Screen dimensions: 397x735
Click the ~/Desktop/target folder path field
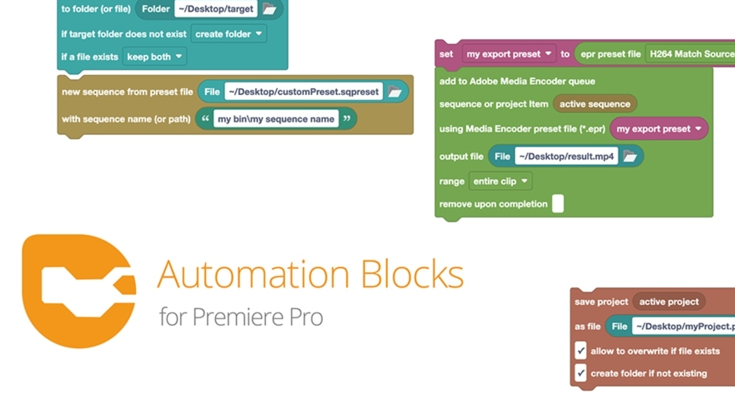216,9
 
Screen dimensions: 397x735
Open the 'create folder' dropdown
229,34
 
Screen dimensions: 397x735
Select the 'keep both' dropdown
154,57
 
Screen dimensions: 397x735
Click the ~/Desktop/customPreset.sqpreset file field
303,91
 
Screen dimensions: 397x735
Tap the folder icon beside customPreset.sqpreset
395,91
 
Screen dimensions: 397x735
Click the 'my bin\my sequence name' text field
276,119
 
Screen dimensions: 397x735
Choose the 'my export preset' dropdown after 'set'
509,54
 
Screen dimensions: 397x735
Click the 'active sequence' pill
594,104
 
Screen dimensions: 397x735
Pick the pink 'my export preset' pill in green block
658,129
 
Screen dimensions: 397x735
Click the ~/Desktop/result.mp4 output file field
566,156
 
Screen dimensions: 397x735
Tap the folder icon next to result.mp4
630,156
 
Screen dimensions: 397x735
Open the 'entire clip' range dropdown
500,181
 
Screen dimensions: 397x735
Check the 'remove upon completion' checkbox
558,204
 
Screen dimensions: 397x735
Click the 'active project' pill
668,301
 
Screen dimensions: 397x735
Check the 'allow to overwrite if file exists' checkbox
580,351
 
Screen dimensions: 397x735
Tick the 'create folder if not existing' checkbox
580,373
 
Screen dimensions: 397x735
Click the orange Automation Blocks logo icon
79,290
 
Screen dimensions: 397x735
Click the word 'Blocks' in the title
412,275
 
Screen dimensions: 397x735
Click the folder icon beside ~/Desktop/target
270,9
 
